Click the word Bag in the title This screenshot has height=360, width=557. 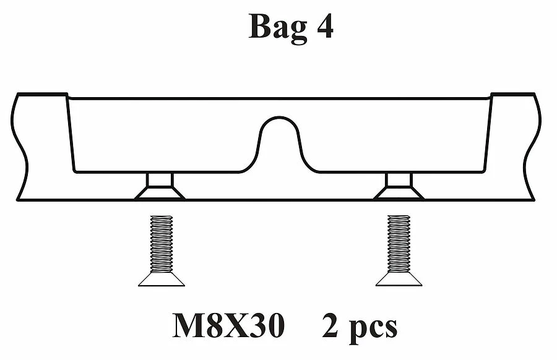278,28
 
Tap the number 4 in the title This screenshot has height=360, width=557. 324,26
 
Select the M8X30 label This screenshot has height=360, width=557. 228,326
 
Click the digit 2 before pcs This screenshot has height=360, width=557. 330,325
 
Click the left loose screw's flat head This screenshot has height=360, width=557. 162,280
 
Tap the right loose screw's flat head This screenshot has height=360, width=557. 399,280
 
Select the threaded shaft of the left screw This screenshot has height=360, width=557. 162,244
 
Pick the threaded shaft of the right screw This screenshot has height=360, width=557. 399,244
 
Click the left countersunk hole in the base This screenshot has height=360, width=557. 160,187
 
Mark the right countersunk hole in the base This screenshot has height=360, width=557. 399,187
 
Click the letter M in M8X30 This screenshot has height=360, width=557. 189,326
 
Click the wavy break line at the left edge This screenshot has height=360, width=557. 19,147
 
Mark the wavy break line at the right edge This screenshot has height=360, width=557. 532,147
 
